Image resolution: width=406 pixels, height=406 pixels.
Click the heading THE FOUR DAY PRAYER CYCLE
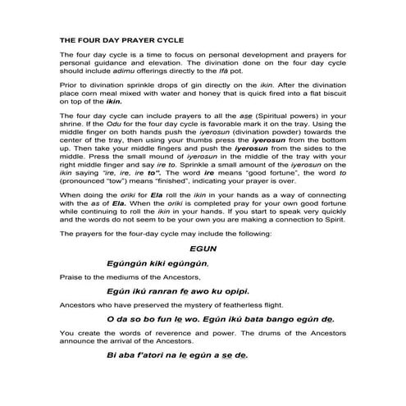pyautogui.click(x=121, y=39)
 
